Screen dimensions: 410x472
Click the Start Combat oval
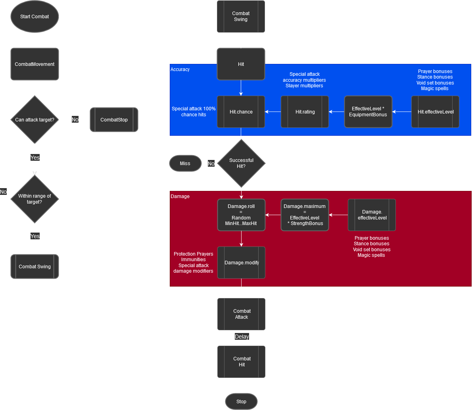[35, 17]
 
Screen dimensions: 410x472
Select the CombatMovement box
[35, 64]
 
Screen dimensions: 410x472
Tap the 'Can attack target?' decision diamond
[35, 120]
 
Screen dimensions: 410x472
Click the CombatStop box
[114, 120]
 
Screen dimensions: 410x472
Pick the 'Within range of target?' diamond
[35, 199]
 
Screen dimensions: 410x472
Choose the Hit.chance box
[241, 112]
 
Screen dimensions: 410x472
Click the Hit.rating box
[305, 112]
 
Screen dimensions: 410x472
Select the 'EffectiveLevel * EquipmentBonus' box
[368, 112]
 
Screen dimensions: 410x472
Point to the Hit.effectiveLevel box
[435, 112]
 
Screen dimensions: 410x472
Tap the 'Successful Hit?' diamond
[241, 163]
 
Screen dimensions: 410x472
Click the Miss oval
[185, 163]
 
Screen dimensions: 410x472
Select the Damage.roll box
[241, 215]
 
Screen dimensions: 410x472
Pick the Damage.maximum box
[305, 215]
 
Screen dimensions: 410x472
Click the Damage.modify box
[241, 263]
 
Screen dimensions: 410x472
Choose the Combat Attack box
[241, 314]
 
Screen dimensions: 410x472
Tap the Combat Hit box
[241, 362]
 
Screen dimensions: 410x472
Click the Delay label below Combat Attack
[242, 337]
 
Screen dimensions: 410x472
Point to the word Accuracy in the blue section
[180, 69]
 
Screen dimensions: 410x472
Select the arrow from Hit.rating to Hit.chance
[273, 112]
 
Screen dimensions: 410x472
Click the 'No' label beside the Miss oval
[211, 164]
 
